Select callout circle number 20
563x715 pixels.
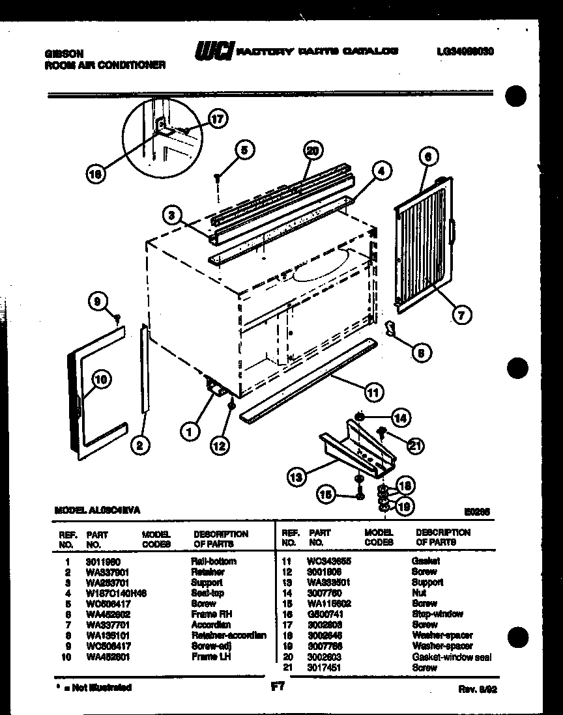[x=313, y=151]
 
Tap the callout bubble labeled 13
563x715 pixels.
[x=296, y=477]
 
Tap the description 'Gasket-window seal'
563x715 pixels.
[x=452, y=657]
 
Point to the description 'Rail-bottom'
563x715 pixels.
[x=214, y=561]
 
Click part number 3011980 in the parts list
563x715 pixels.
[x=99, y=561]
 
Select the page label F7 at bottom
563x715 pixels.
[x=276, y=686]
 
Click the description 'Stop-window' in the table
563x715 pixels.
[x=437, y=614]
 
